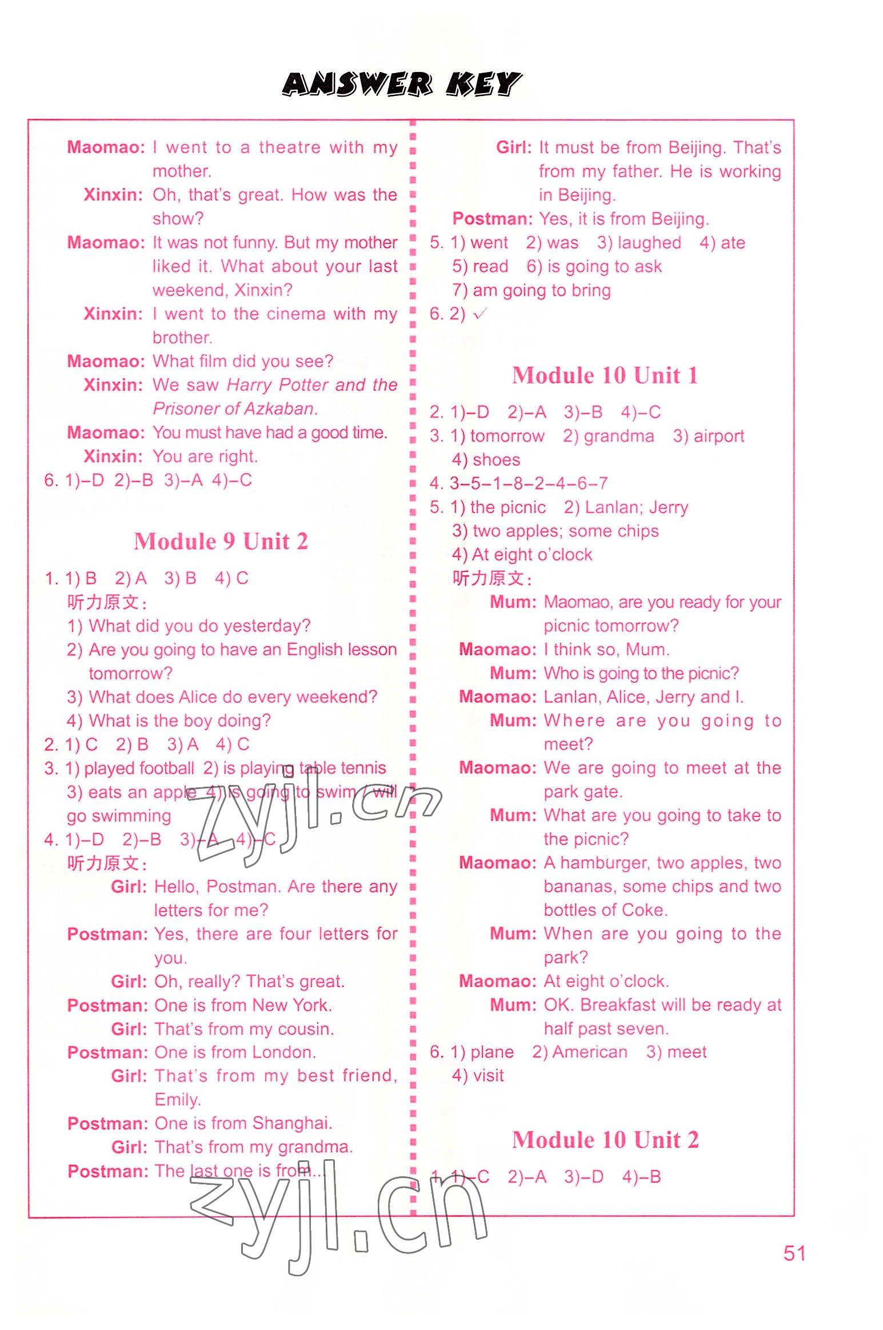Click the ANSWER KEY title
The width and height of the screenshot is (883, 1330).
pos(401,85)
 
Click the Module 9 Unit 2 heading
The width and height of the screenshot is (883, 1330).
pos(221,541)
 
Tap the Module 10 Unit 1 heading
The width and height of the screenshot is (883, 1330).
pos(605,375)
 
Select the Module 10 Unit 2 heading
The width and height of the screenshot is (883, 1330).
pos(605,1140)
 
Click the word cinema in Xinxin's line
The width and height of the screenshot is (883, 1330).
pos(296,314)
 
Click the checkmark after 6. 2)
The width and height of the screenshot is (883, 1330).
pos(480,314)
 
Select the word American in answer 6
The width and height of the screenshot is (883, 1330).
pos(590,1052)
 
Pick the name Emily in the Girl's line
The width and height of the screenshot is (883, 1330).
pos(177,1100)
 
